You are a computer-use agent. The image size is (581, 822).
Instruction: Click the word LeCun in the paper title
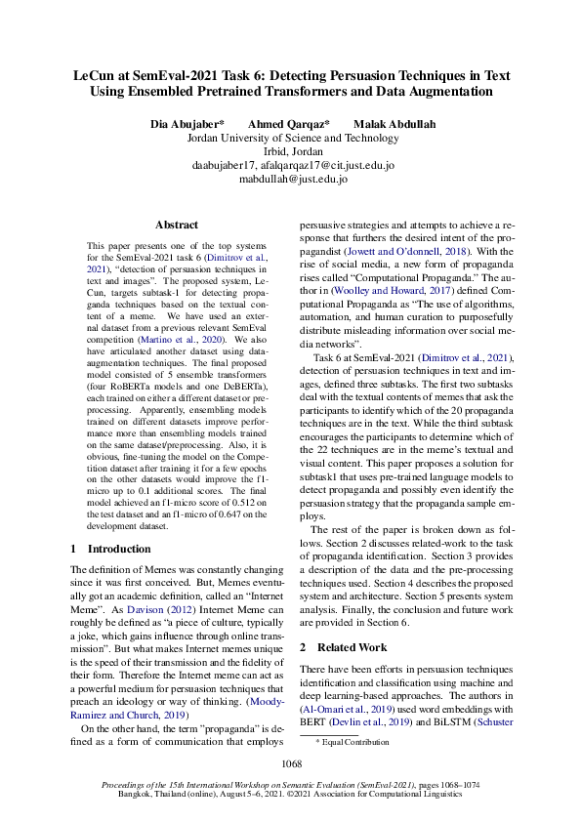click(97, 74)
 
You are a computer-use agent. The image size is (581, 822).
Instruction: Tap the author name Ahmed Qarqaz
click(288, 125)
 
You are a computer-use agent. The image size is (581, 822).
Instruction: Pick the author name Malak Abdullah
click(395, 125)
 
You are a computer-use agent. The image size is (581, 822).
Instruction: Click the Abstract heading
click(177, 225)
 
